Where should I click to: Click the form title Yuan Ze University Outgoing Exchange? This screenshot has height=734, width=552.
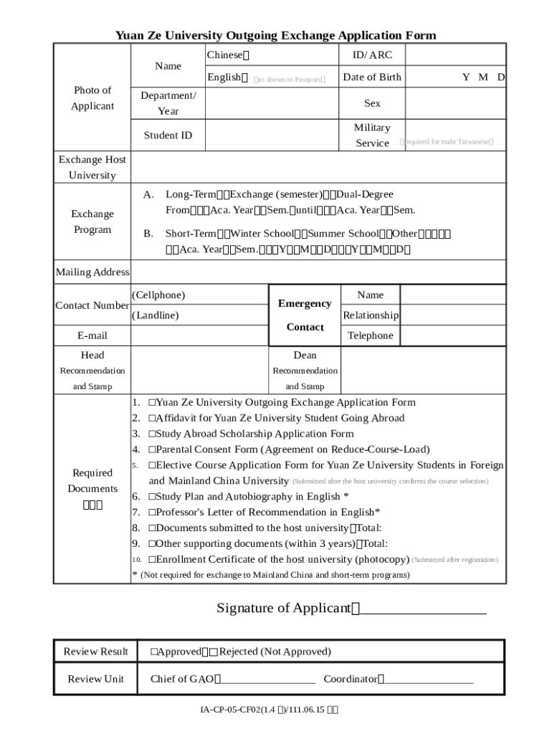click(x=276, y=35)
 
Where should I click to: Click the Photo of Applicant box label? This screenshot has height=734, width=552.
click(x=92, y=98)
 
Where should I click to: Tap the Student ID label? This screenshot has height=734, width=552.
click(x=168, y=135)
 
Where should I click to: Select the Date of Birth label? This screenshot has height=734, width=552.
click(x=372, y=77)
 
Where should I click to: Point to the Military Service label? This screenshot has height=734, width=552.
click(x=372, y=135)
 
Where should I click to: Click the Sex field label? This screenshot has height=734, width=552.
click(x=372, y=103)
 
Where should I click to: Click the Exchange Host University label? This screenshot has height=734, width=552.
click(x=92, y=168)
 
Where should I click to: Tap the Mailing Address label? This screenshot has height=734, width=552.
click(x=92, y=272)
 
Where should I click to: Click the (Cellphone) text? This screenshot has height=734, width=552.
click(x=158, y=295)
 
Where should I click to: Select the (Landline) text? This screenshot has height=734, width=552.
click(x=156, y=315)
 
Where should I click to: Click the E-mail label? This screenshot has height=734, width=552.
click(x=92, y=336)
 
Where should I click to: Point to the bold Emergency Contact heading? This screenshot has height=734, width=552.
click(x=305, y=315)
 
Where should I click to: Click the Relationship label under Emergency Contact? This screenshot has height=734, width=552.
click(x=370, y=315)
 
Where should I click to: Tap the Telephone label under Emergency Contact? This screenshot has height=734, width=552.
click(x=370, y=336)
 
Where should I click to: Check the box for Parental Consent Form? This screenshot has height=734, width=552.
click(x=152, y=450)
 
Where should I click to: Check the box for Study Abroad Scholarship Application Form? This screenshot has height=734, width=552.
click(x=152, y=434)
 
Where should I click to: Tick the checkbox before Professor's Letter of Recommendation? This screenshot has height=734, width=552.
click(x=152, y=513)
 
